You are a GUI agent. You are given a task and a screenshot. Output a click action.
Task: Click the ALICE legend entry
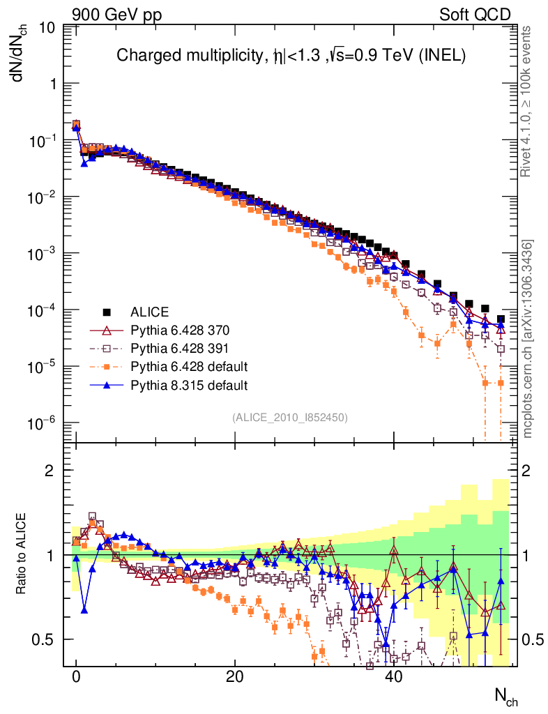[150, 312]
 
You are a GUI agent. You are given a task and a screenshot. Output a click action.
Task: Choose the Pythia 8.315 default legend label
[190, 384]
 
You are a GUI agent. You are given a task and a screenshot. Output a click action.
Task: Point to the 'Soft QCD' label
[475, 15]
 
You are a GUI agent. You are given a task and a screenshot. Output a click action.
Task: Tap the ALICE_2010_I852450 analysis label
[290, 417]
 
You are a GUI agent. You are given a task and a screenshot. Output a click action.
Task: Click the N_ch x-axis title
[505, 696]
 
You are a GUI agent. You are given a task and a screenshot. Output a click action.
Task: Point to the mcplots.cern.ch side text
[528, 339]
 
